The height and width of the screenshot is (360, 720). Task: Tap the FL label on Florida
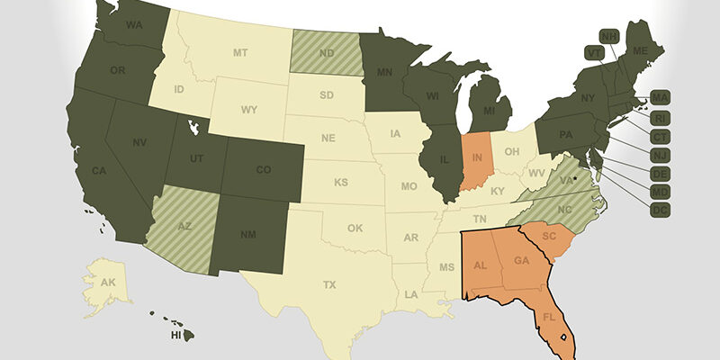(x=547, y=317)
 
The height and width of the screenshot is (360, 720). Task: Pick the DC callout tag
(x=661, y=210)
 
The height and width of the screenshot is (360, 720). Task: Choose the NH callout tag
(x=609, y=36)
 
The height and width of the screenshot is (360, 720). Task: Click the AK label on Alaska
(x=108, y=282)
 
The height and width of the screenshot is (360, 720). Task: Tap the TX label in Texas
(x=329, y=284)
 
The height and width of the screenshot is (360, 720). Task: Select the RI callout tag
(x=661, y=116)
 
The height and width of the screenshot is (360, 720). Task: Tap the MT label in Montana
(x=239, y=53)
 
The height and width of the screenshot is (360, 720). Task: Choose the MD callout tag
(x=661, y=191)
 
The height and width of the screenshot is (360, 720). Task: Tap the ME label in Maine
(x=640, y=51)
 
